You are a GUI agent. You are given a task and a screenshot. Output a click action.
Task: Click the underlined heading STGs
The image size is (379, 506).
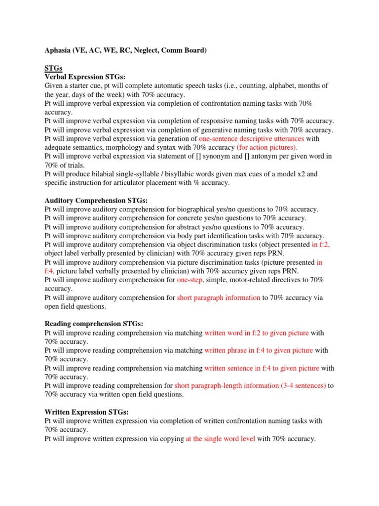(53, 68)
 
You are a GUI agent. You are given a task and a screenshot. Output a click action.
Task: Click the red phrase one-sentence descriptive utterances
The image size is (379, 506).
(251, 139)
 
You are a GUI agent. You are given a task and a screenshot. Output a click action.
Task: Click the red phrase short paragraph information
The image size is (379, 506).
(218, 297)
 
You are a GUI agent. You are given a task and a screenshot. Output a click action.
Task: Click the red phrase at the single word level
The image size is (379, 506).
(220, 438)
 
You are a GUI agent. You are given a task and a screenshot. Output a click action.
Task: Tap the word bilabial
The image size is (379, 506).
(96, 174)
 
